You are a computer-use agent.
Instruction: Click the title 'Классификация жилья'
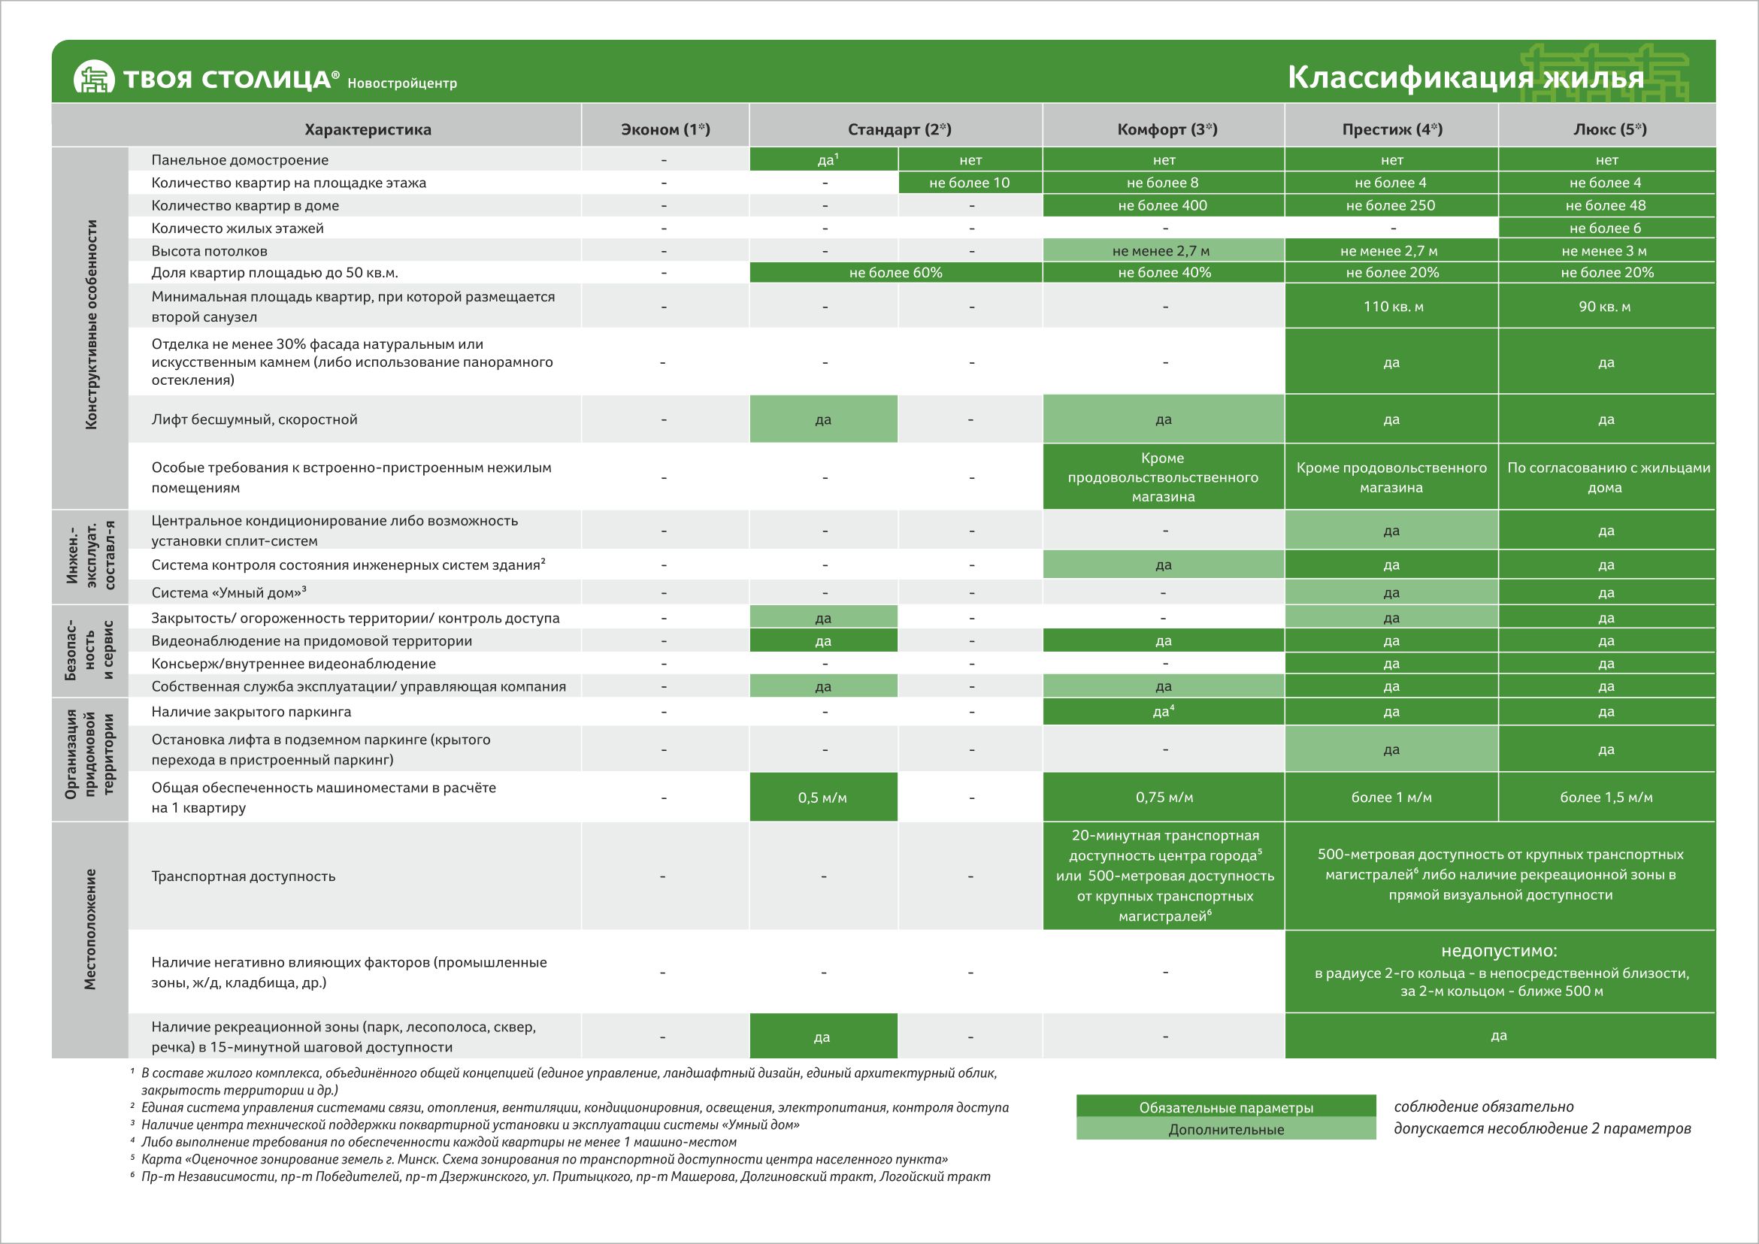[1465, 78]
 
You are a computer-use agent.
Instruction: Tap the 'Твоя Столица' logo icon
[93, 78]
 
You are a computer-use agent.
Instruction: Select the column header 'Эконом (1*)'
[665, 129]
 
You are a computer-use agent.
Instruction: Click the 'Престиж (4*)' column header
[1391, 129]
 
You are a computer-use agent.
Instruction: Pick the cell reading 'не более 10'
[969, 183]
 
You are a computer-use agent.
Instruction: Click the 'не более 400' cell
[1162, 205]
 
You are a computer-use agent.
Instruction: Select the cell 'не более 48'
[1606, 205]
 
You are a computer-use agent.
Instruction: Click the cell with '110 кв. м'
[1393, 307]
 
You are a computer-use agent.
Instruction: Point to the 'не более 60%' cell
[895, 273]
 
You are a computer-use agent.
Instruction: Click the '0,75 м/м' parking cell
[1164, 798]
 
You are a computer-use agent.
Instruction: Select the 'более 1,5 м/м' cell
[1606, 798]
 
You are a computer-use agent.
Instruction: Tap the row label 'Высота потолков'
[209, 251]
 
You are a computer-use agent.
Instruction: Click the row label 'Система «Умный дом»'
[229, 593]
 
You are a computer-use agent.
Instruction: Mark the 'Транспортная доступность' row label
[243, 876]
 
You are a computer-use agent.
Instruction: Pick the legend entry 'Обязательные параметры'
[1226, 1108]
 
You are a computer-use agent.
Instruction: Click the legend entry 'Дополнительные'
[1226, 1130]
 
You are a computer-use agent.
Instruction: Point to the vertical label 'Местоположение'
[90, 928]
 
